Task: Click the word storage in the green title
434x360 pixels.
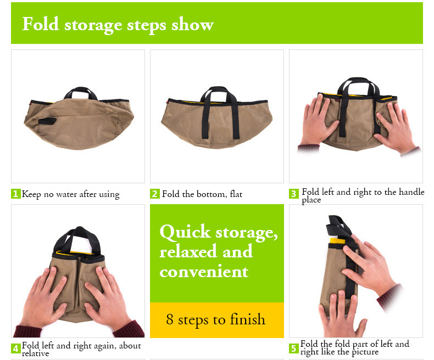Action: click(x=93, y=25)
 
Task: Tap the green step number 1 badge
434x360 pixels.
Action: click(x=16, y=194)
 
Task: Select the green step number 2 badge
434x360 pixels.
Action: click(x=155, y=194)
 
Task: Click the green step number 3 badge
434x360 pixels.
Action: click(x=294, y=194)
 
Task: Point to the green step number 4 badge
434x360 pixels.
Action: click(x=16, y=348)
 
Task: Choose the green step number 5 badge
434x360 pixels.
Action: click(x=294, y=348)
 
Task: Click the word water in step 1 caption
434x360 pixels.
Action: click(x=66, y=194)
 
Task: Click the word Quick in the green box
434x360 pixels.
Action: click(x=185, y=232)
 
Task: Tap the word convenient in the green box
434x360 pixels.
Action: click(x=204, y=272)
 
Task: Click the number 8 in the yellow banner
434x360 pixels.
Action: click(x=170, y=319)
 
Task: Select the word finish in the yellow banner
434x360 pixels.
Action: click(x=247, y=319)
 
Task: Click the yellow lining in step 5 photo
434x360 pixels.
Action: click(x=337, y=241)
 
